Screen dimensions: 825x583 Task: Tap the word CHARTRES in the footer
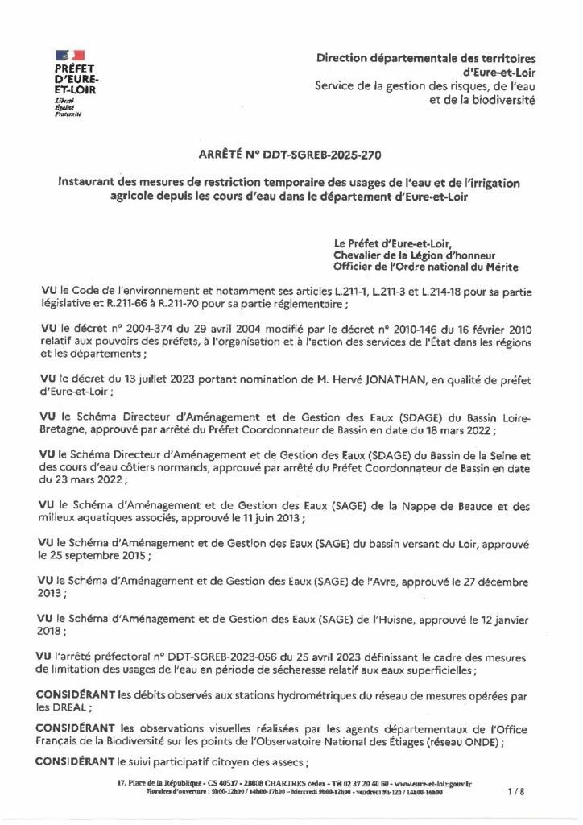tap(275, 782)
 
